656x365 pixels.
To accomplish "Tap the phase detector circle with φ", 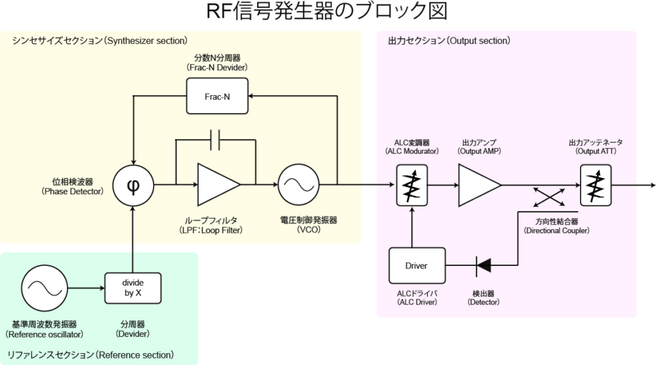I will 133,185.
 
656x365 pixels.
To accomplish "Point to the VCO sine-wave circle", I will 298,185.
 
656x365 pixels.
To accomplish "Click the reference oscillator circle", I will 44,288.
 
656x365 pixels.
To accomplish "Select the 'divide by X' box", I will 133,288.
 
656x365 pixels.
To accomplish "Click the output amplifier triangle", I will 478,185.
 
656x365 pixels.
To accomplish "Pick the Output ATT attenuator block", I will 596,185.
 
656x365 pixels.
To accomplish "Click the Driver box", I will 417,265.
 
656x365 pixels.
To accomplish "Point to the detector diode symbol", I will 483,265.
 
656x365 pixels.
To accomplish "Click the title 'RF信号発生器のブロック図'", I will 327,13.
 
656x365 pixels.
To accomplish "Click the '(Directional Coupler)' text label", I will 556,231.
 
